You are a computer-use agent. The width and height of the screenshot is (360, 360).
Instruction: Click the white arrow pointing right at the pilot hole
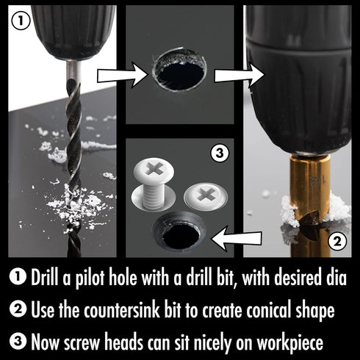point(120,73)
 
